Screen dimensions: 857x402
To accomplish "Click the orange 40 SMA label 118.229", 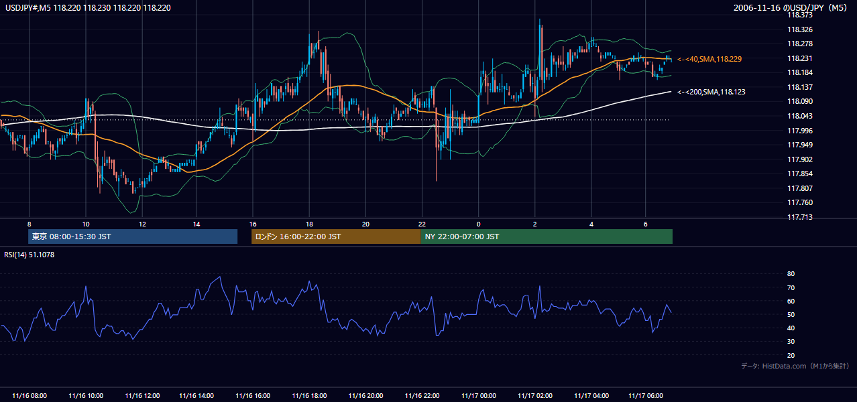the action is click(709, 59).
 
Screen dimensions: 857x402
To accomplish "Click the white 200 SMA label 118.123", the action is click(711, 92).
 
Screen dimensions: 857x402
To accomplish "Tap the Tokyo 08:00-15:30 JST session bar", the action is click(133, 237).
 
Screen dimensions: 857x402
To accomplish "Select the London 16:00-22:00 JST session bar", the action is click(336, 237).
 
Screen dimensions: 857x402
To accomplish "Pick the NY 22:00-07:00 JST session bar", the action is click(547, 237).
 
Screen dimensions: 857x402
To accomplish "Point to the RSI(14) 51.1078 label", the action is click(29, 255).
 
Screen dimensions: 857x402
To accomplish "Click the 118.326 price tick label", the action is click(800, 29).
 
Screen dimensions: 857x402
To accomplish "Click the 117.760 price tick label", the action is click(800, 202).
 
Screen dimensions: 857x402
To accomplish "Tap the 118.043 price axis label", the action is click(800, 116).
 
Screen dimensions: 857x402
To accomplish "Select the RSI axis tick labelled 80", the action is click(791, 274).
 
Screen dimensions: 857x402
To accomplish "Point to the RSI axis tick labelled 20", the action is click(791, 356).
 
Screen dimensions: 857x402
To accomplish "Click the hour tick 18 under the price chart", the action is click(309, 224).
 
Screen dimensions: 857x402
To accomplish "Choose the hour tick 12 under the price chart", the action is click(142, 224).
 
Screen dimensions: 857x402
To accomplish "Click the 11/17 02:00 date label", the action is click(535, 396).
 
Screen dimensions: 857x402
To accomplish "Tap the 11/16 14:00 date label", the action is click(196, 396).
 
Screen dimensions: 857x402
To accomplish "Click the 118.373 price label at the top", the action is click(800, 15).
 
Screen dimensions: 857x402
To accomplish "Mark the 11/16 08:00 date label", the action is click(30, 396).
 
